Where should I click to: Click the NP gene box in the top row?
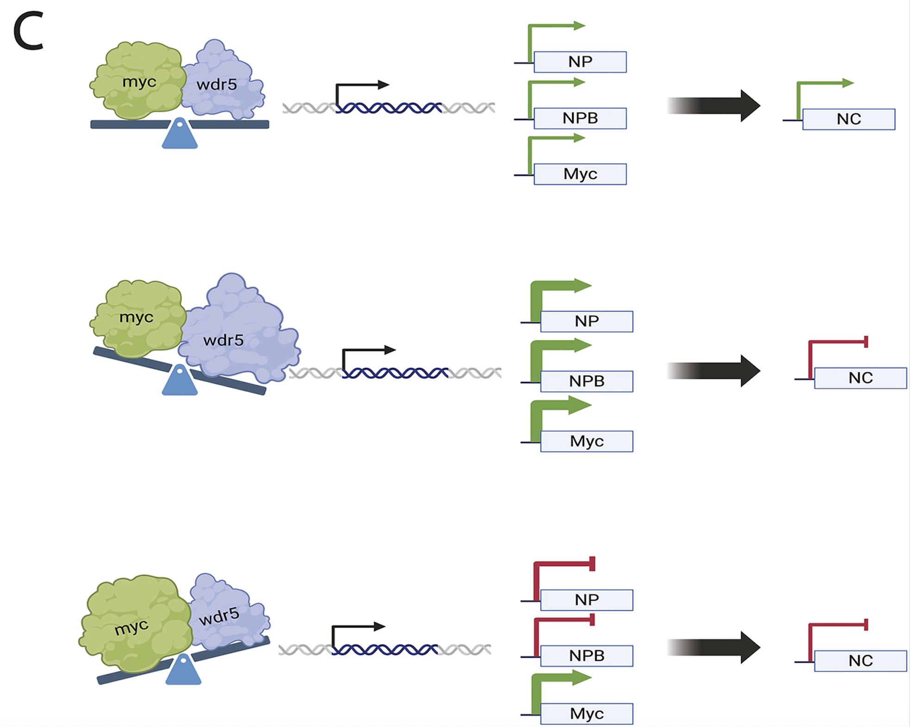[x=580, y=62]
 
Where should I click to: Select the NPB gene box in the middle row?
[x=586, y=381]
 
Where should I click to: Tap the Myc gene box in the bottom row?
[x=586, y=714]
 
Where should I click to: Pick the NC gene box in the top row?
[x=848, y=119]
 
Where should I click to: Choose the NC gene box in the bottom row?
[x=860, y=661]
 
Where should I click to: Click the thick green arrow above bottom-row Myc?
[x=560, y=680]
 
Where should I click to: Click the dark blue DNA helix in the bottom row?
[x=385, y=650]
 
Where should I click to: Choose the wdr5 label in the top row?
[x=217, y=85]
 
